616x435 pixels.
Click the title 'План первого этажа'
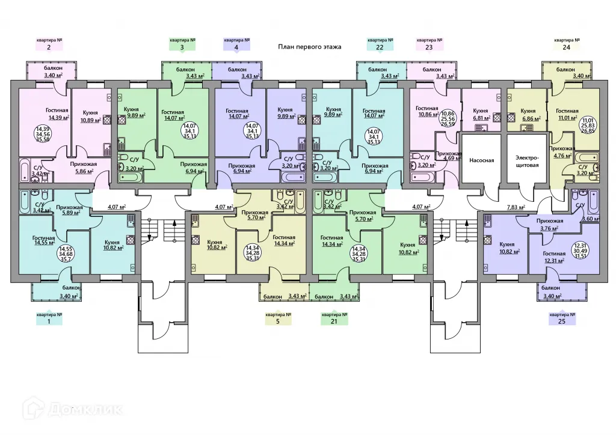(x=310, y=46)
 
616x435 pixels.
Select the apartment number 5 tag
(x=277, y=317)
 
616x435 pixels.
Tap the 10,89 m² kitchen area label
(x=90, y=119)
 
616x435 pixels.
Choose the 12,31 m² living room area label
(x=552, y=260)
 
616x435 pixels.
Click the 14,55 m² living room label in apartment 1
(x=44, y=242)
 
